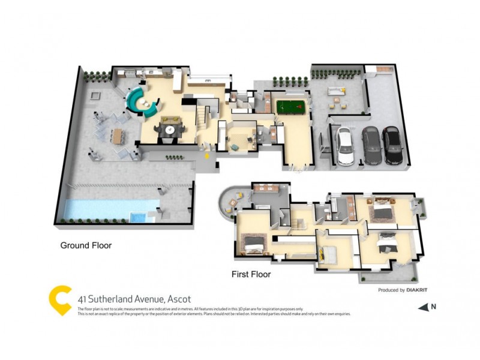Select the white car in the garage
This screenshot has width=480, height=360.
(344, 146)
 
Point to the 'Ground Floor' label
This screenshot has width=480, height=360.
(86, 245)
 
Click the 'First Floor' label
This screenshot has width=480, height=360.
(251, 274)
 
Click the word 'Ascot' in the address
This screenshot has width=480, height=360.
(179, 299)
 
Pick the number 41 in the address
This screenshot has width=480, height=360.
(83, 299)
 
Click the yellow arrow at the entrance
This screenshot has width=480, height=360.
(207, 156)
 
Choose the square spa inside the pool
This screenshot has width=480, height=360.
(138, 217)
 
